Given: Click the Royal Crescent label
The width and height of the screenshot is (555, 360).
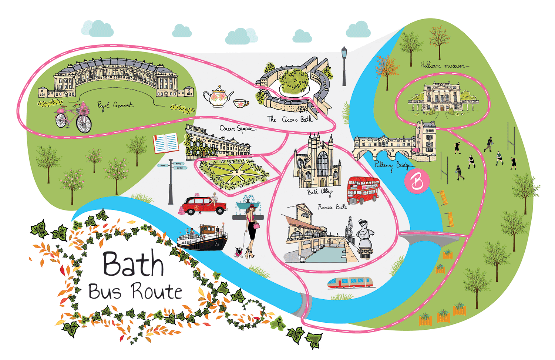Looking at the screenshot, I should point(114,105).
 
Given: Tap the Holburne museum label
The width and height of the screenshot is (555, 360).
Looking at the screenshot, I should point(443,65).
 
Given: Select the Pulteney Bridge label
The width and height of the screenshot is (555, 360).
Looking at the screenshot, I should point(392,165).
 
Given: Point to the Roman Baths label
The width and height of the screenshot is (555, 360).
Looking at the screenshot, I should point(332,207).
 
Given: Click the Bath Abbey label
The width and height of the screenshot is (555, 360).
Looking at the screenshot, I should point(320,192).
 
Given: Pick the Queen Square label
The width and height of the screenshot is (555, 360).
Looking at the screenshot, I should point(237,129).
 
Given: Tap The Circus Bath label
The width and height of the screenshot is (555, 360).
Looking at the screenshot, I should point(290,119).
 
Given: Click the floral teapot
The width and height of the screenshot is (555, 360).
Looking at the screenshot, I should point(218,97).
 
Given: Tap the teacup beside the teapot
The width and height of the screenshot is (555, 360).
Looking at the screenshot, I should point(240,103).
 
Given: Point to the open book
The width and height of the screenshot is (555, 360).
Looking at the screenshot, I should point(166,143).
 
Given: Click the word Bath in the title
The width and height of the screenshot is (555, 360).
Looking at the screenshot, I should point(133,264).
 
